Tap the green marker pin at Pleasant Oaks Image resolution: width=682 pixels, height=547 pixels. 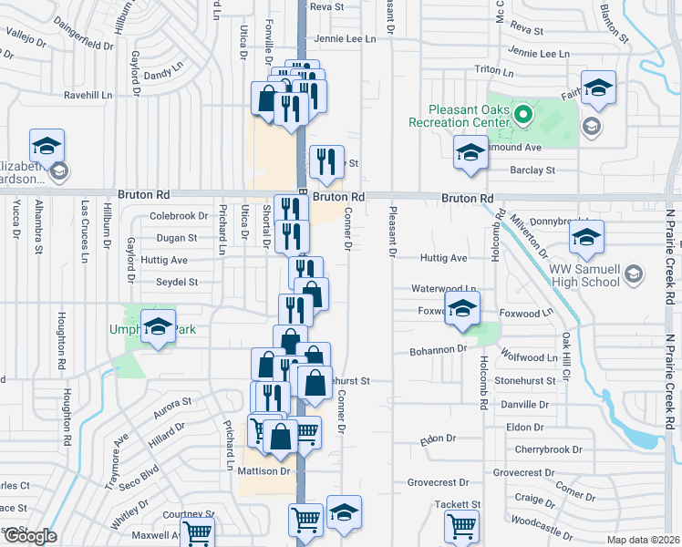click(522, 116)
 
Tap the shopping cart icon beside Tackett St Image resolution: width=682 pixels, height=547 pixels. click(461, 526)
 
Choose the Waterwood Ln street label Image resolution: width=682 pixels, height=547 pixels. click(439, 288)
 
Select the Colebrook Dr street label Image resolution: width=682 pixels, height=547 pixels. click(179, 216)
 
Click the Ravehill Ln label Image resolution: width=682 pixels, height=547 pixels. click(88, 94)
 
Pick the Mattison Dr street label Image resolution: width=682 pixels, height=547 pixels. click(263, 471)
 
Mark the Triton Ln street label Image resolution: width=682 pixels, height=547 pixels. click(496, 69)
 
